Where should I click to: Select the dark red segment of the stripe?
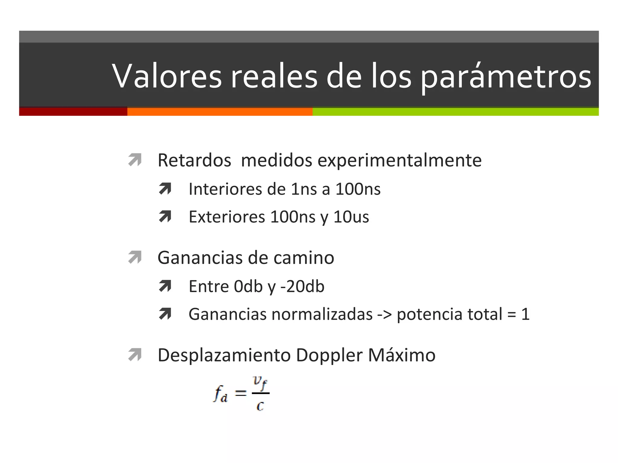point(73,112)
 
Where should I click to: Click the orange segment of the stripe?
point(220,112)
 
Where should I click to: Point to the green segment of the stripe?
point(455,112)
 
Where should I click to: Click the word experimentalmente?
point(400,160)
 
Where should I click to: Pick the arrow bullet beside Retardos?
point(135,160)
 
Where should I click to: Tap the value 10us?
point(351,217)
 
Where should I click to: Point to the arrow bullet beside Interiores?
point(165,189)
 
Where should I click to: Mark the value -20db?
point(302,286)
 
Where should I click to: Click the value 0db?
point(248,286)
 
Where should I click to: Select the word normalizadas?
point(322,314)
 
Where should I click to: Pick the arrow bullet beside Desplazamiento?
point(135,354)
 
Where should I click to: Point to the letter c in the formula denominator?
point(260,406)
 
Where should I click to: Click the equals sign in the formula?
point(241,393)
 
